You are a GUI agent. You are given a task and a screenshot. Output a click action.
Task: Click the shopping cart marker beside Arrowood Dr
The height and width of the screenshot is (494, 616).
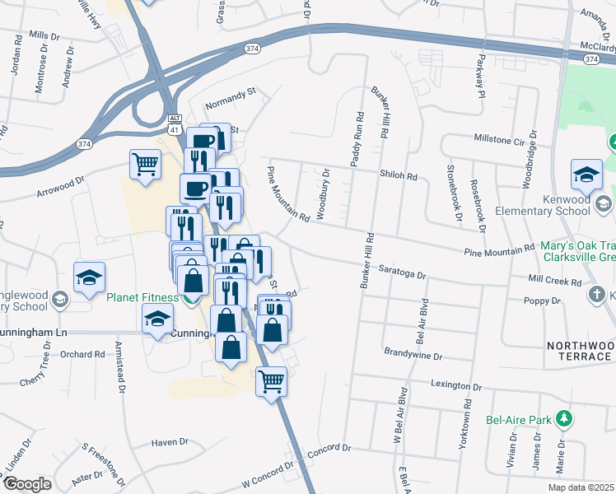pos(145,163)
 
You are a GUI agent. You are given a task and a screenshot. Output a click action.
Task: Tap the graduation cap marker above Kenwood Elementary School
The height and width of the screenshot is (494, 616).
pos(586,174)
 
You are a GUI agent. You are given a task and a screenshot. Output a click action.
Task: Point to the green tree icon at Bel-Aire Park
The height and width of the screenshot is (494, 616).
pos(563,420)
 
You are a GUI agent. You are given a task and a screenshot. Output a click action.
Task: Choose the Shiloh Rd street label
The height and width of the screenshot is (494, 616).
pos(399,175)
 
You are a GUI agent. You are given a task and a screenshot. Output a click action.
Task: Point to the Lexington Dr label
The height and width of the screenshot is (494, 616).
pos(455,385)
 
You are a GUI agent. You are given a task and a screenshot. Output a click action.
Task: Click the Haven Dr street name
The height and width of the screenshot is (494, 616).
pos(170,442)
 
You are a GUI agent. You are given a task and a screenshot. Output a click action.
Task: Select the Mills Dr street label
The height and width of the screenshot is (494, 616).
pos(44,36)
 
